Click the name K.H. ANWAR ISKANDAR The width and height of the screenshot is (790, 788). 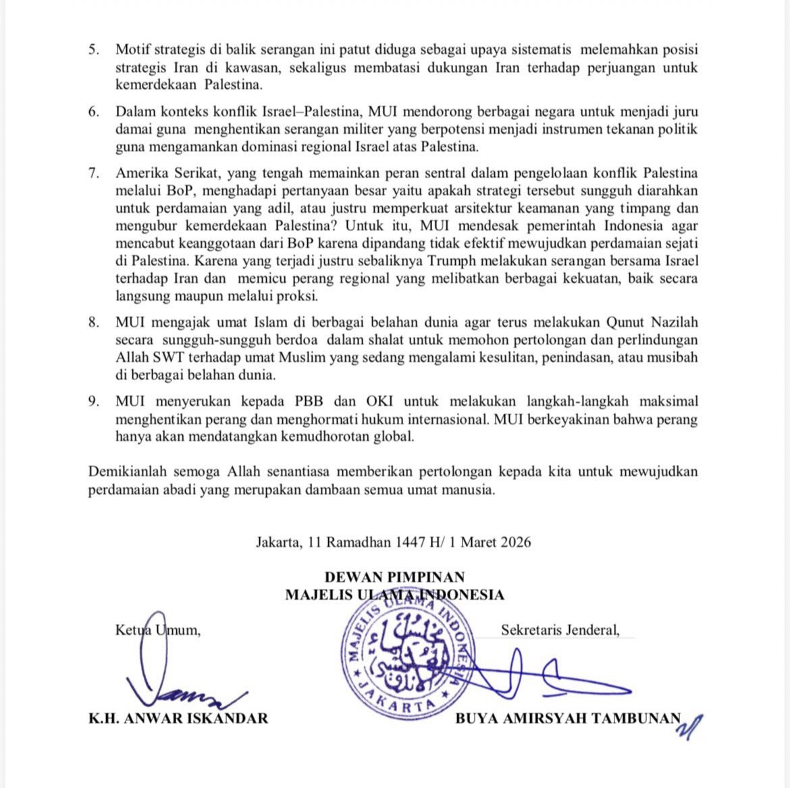point(178,718)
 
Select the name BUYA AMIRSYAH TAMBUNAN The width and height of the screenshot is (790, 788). point(568,718)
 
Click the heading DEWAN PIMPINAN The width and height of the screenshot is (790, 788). point(394,577)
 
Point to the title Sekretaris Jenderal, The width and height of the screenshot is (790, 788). point(560,631)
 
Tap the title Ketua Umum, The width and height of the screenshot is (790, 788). point(158,631)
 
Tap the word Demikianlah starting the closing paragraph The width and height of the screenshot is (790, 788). point(127,472)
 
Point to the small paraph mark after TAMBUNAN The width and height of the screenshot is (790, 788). point(693,726)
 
